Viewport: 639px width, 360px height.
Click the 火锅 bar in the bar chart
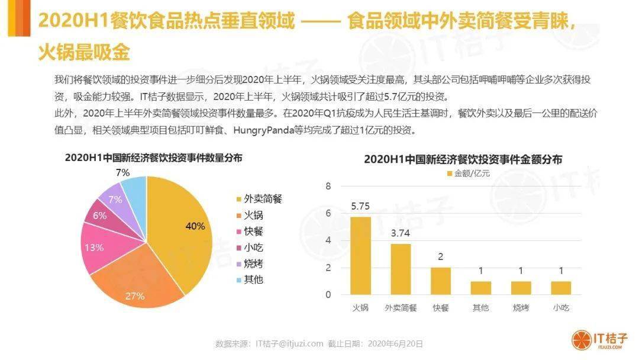click(360, 255)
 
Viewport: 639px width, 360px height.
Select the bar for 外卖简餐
click(401, 269)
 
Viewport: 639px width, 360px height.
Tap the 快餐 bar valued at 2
click(440, 281)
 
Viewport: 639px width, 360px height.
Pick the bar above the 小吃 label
click(561, 288)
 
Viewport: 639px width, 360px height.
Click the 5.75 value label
click(360, 207)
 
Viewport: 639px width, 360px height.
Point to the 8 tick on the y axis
click(328, 187)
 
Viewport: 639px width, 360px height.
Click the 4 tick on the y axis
click(328, 240)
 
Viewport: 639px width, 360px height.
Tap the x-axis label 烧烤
click(521, 308)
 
